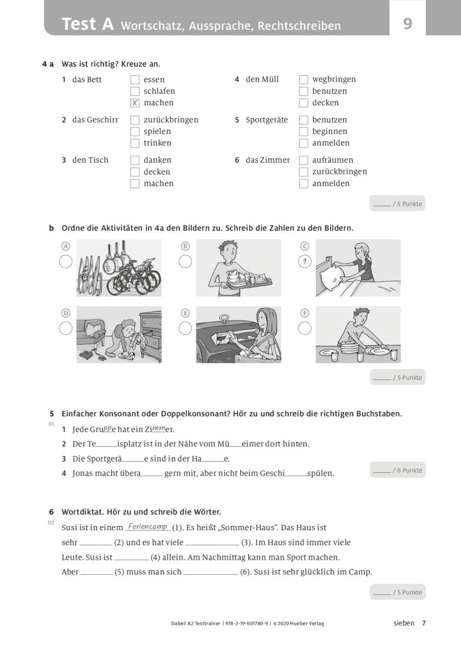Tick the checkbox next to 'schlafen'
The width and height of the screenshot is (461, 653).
point(135,91)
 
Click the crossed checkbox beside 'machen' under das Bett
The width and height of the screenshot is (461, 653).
point(135,103)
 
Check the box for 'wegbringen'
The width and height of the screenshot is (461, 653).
point(303,79)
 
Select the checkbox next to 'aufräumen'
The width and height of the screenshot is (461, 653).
point(303,160)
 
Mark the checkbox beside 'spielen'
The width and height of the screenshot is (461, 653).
point(135,132)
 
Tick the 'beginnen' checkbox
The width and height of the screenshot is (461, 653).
point(303,132)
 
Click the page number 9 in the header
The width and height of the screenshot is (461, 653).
point(407,24)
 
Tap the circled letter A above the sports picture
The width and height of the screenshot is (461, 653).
point(66,246)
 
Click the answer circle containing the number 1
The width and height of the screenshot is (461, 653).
point(305,261)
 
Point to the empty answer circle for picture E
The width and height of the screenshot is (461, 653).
point(185,328)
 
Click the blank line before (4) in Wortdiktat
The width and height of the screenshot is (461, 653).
point(131,557)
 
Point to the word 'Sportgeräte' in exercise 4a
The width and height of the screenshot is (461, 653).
point(266,120)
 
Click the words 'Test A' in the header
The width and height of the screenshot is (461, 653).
point(88,24)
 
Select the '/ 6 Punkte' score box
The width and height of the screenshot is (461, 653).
point(397,470)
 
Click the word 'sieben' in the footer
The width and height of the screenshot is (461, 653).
point(403,623)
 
